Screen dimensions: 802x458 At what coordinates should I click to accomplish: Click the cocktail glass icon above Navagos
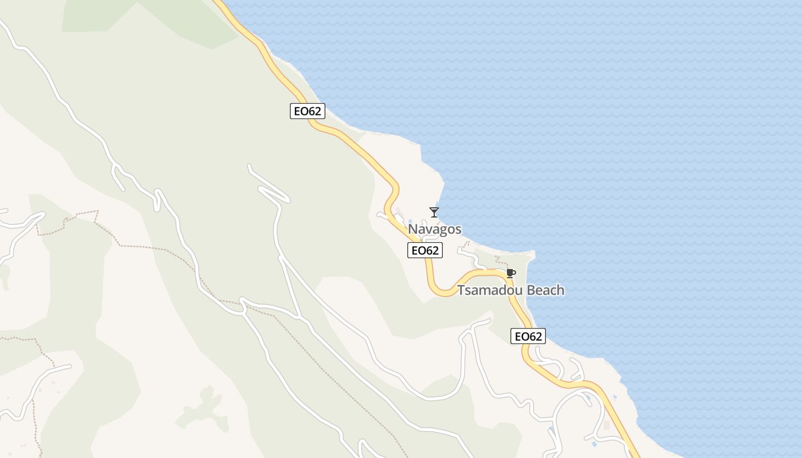434,212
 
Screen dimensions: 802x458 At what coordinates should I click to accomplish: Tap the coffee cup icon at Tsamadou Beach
510,273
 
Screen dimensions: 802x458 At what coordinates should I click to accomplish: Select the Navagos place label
434,229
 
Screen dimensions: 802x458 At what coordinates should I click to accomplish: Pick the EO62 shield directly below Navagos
424,250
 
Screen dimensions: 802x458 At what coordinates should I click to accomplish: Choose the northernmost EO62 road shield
307,111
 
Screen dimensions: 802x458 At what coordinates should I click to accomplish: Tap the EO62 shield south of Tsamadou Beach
528,336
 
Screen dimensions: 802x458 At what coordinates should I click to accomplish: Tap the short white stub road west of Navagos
382,215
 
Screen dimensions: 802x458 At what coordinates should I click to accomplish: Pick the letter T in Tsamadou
461,290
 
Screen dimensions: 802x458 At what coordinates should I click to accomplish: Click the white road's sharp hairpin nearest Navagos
286,200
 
